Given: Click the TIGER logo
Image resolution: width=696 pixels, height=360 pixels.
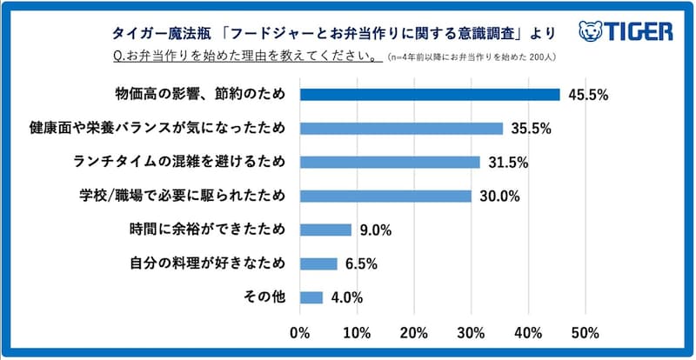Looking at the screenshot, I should pos(626,32).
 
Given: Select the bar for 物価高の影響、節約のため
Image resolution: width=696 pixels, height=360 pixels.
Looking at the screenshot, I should pos(430,95).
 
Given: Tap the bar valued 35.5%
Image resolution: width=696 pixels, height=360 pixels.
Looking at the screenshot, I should pos(401,129).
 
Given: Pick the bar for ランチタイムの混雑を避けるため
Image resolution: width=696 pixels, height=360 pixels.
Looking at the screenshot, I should pos(390,163).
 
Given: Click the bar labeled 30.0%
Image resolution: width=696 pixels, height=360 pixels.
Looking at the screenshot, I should pos(385,197).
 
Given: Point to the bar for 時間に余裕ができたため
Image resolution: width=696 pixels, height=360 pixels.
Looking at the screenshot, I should pos(325,230).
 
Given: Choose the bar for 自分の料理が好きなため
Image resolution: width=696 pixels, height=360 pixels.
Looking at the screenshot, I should pos(318,263).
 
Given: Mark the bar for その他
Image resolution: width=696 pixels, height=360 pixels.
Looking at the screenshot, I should pos(311,297).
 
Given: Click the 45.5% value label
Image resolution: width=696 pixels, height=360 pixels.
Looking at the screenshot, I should pos(587,96).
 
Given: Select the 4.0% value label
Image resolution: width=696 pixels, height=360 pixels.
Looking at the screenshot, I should pos(345,298).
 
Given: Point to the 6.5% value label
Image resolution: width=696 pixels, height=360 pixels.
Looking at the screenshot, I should pos(360,264).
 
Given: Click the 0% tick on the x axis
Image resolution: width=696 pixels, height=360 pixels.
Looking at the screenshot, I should pos(299,331).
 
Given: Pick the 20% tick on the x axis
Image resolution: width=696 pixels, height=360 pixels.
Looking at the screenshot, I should pos(413,331).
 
